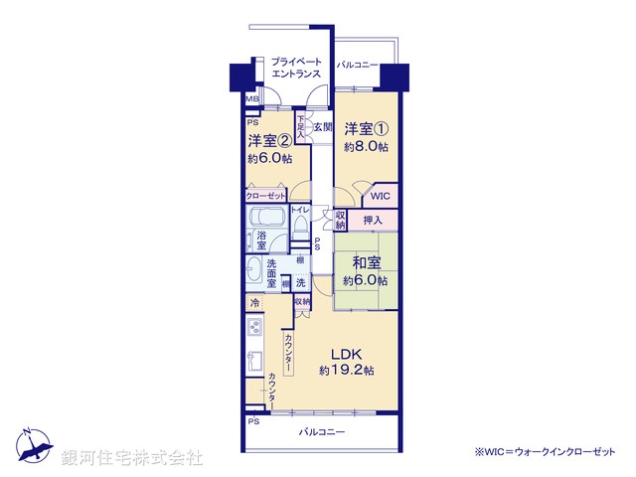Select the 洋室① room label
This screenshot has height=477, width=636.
tap(366, 129)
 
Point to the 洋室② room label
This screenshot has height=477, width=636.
tap(268, 140)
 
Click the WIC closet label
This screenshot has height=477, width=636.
tap(382, 197)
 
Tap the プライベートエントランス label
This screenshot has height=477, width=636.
tap(297, 68)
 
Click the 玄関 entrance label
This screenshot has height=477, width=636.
tap(322, 127)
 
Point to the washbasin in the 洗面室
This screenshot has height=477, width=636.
tap(253, 268)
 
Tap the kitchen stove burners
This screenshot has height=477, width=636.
tap(254, 328)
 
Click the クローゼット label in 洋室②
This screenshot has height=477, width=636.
tap(266, 196)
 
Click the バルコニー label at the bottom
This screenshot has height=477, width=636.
tap(321, 432)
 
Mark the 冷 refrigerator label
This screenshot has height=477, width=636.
tap(254, 302)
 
